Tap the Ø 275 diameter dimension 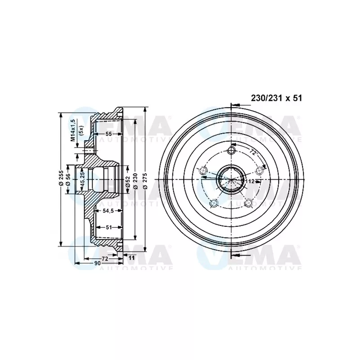click(145, 179)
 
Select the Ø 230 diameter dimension click(135, 179)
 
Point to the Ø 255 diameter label click(61, 179)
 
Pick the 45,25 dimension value click(81, 179)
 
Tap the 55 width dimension click(108, 134)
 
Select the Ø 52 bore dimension click(128, 179)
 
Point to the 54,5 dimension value click(108, 211)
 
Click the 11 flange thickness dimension click(131, 258)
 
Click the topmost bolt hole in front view click(232, 150)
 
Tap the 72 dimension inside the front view click(253, 153)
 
